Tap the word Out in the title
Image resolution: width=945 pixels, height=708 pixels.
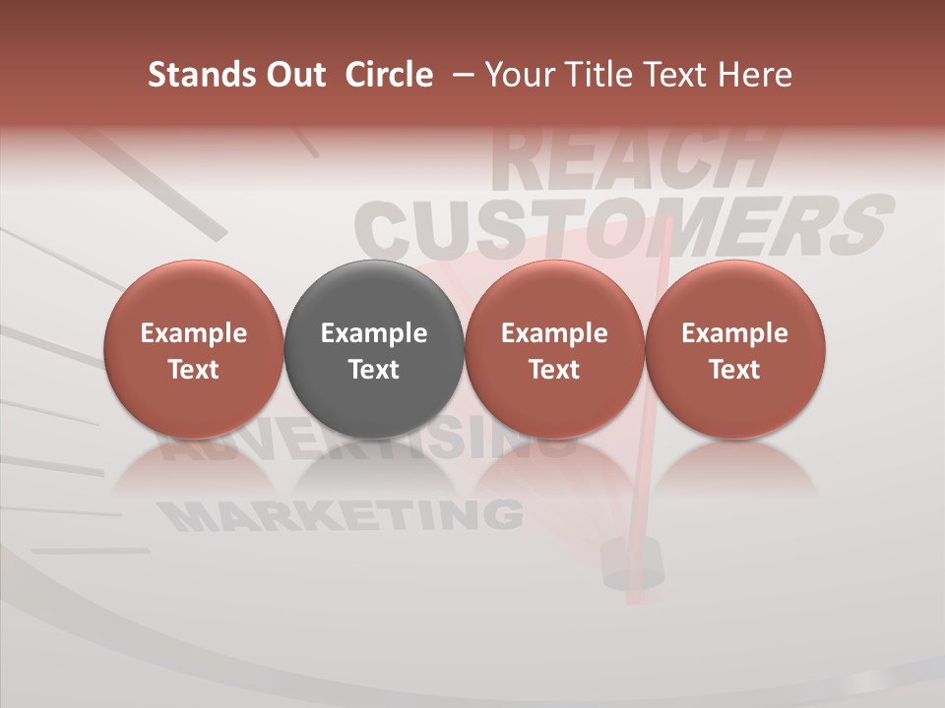294,75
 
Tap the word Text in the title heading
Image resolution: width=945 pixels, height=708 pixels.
676,75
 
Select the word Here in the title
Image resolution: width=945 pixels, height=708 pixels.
756,75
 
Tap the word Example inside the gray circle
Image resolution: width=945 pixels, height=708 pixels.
374,333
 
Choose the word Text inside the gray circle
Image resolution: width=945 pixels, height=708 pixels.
374,370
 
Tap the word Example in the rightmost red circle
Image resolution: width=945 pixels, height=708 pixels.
735,333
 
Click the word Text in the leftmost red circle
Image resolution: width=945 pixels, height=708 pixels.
194,370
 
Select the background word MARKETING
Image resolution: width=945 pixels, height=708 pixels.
340,514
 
